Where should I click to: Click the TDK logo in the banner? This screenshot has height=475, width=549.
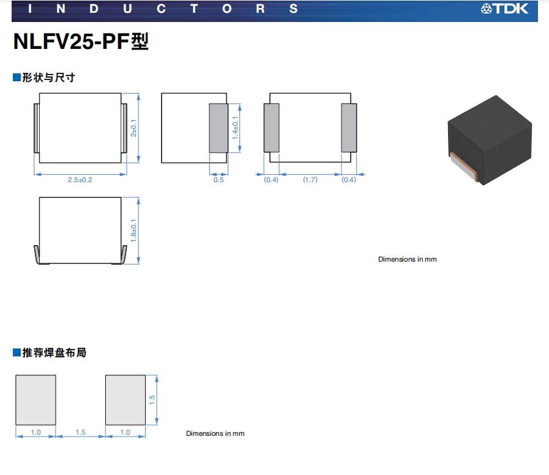tap(504, 9)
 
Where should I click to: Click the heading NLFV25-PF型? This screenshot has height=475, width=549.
tap(81, 42)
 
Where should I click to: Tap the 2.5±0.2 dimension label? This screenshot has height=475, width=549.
tap(80, 180)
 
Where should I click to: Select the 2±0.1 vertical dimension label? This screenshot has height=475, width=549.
tap(133, 128)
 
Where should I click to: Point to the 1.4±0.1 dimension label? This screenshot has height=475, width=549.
tap(235, 128)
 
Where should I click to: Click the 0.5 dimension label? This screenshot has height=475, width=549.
tap(218, 180)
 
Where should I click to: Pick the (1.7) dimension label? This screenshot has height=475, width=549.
tap(310, 180)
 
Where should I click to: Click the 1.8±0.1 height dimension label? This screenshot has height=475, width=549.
tap(133, 230)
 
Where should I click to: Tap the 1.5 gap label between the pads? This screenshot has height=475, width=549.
tap(80, 432)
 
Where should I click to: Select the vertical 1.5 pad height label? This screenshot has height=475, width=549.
tap(152, 400)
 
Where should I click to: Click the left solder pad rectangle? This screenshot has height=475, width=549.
tap(35, 400)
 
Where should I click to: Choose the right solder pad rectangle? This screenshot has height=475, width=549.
tap(125, 400)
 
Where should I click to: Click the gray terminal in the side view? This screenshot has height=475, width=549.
tap(218, 128)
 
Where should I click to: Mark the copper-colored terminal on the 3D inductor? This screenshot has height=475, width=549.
tap(463, 167)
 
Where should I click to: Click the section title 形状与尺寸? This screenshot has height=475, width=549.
tap(49, 77)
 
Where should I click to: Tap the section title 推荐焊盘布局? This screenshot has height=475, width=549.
tap(54, 353)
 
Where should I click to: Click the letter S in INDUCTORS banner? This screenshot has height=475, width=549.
tap(293, 9)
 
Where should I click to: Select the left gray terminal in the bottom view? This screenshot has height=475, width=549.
tap(271, 128)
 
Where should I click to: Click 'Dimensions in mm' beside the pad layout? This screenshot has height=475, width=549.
tap(215, 433)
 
